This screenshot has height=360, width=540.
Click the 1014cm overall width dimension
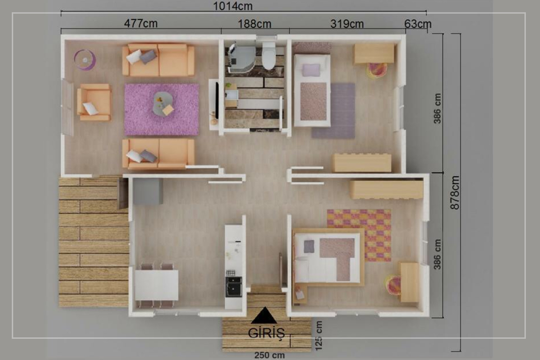pyautogui.click(x=233, y=6)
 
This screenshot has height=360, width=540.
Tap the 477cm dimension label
pyautogui.click(x=141, y=24)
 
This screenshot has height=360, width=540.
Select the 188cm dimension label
pyautogui.click(x=255, y=24)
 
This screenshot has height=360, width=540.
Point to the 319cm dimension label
pyautogui.click(x=347, y=24)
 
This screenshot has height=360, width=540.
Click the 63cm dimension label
pyautogui.click(x=418, y=24)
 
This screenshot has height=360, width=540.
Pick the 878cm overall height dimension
pyautogui.click(x=455, y=192)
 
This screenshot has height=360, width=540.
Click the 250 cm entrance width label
pyautogui.click(x=270, y=355)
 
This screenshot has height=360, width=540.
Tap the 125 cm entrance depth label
pyautogui.click(x=319, y=335)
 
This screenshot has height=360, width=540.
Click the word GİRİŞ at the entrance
pyautogui.click(x=266, y=333)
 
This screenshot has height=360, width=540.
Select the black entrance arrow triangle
pyautogui.click(x=264, y=315)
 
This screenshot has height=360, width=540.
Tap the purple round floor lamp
pyautogui.click(x=85, y=60)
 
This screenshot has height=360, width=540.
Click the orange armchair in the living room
pyautogui.click(x=94, y=102)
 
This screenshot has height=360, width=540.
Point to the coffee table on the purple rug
pyautogui.click(x=163, y=104)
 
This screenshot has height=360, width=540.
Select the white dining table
pyautogui.click(x=157, y=285)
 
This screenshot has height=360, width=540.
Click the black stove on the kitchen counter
pyautogui.click(x=234, y=286)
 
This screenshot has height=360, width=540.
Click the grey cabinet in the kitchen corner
pyautogui.click(x=148, y=191)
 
